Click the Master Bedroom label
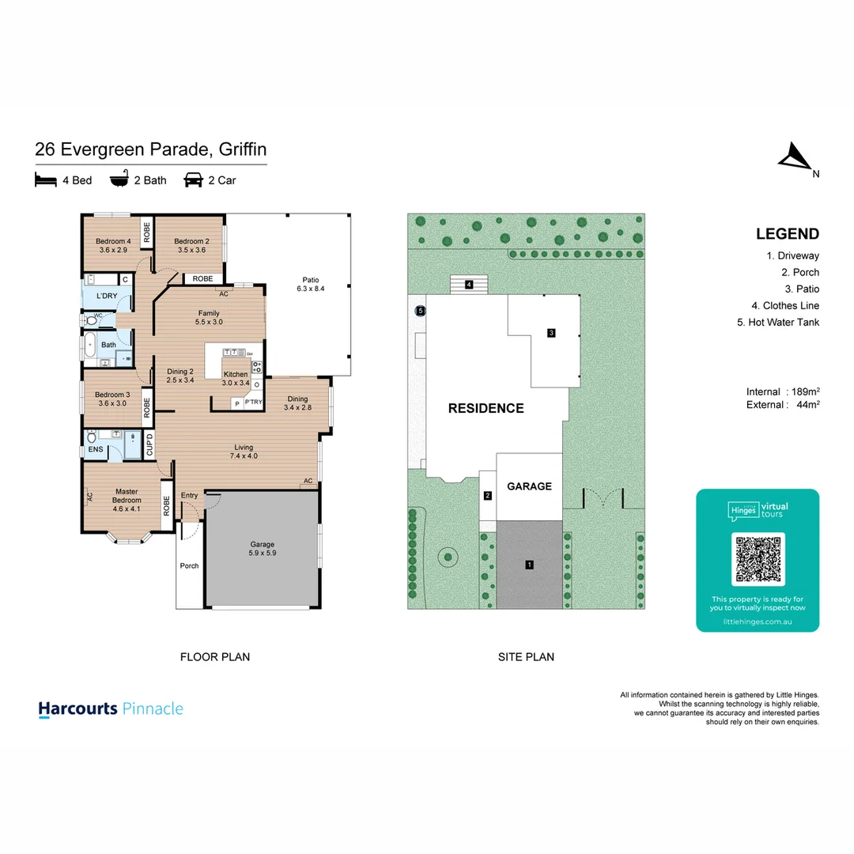click(x=127, y=496)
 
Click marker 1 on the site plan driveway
click(x=529, y=565)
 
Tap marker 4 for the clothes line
click(x=469, y=284)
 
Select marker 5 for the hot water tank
click(x=421, y=311)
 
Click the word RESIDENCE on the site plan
click(x=486, y=409)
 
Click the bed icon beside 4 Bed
click(x=46, y=180)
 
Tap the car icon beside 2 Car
click(x=193, y=180)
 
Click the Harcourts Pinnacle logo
click(x=111, y=709)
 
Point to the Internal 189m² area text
click(x=782, y=391)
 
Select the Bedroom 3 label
click(x=112, y=399)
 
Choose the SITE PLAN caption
click(x=526, y=656)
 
